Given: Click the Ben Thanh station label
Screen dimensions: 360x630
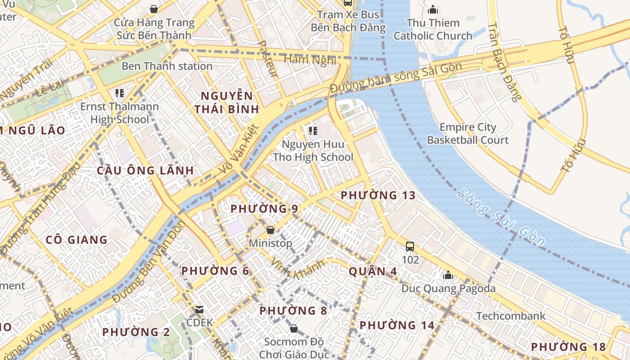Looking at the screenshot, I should click(x=167, y=66).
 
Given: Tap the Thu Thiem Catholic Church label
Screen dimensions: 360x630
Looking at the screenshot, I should click(x=433, y=29).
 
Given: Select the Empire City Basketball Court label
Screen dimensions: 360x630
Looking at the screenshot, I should click(x=468, y=134).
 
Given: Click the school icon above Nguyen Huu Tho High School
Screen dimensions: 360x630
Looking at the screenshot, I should click(x=313, y=131).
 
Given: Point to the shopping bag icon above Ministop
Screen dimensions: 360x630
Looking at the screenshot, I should click(x=270, y=230).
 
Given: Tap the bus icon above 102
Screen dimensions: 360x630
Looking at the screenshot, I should click(x=410, y=247).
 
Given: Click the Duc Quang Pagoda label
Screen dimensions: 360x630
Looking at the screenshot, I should click(x=448, y=288).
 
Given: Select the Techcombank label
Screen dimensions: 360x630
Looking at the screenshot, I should click(x=511, y=316).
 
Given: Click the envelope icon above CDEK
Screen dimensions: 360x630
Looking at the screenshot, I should click(x=199, y=310).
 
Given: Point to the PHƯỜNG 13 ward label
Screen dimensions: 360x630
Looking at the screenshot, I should click(x=378, y=195).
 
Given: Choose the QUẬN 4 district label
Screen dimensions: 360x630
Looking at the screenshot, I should click(x=373, y=271).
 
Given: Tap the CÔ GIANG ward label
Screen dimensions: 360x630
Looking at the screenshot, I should click(x=76, y=240).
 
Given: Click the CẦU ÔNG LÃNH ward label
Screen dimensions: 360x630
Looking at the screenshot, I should click(x=145, y=171).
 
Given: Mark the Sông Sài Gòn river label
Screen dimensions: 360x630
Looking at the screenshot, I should click(x=501, y=218).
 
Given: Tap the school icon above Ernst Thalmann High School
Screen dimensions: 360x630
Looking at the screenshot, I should click(x=119, y=93).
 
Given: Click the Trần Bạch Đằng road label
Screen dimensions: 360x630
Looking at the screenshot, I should click(x=504, y=63).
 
